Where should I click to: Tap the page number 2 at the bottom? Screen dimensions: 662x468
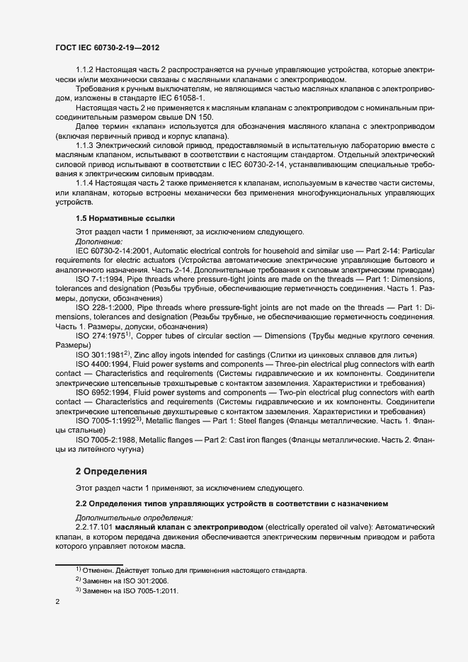(57, 603)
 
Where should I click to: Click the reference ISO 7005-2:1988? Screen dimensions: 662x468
(107, 438)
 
